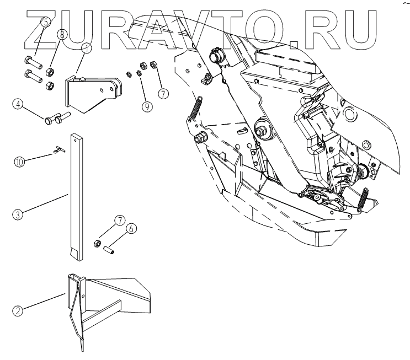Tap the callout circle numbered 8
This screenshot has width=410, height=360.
click(62, 35)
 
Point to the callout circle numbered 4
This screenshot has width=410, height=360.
click(19, 104)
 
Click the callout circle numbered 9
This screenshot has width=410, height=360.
click(147, 106)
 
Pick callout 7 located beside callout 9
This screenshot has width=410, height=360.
click(163, 93)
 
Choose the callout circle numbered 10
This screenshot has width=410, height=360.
click(19, 162)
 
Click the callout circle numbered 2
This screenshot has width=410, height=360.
click(18, 310)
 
